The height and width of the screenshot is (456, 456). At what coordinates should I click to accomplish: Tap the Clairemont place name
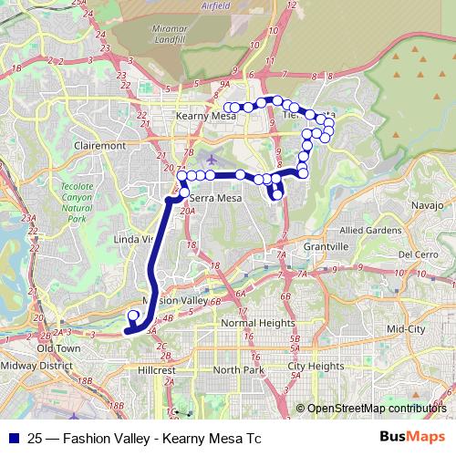tap(101, 145)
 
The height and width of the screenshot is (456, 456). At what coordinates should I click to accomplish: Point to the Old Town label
tap(58, 348)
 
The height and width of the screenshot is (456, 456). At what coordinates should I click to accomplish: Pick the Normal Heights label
tap(258, 323)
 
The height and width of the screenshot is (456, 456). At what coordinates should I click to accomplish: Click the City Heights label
tap(316, 366)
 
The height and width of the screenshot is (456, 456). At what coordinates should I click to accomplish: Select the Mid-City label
tap(406, 327)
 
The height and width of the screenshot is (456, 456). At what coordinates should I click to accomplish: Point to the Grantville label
tap(326, 247)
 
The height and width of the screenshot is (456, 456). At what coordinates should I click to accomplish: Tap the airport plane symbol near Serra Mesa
tap(212, 160)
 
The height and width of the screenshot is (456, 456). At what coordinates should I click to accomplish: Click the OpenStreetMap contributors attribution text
tap(377, 409)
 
